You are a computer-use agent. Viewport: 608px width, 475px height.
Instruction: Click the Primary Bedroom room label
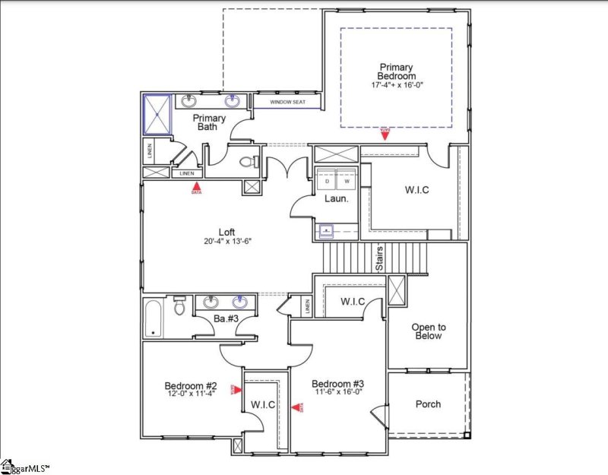tap(397, 71)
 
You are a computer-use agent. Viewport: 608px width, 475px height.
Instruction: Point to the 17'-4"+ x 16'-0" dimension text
tap(397, 86)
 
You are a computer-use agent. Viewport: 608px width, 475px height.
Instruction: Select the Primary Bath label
tap(208, 122)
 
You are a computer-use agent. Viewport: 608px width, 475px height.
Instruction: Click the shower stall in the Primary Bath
tap(158, 114)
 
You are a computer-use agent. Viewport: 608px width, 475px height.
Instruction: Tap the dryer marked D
tap(328, 183)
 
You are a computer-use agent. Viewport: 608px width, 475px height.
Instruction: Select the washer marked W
tap(347, 183)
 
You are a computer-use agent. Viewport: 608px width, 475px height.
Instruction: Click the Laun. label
tap(336, 198)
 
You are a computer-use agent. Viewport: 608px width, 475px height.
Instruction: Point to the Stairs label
tap(378, 258)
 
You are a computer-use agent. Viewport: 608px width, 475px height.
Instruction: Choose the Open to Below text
tap(427, 331)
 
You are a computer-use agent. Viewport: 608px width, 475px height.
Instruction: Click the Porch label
tap(428, 404)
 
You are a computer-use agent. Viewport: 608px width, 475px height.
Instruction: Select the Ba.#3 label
tap(226, 318)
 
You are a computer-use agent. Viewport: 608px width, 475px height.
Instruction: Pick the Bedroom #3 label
tap(337, 383)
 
